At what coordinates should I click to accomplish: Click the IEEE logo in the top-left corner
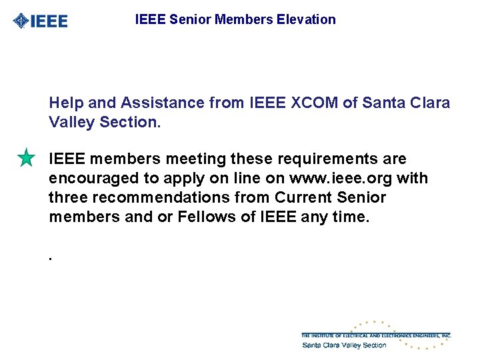40,21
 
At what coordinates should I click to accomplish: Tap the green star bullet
26,159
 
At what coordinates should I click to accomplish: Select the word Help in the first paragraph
64,103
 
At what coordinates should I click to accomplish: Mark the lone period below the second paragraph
51,256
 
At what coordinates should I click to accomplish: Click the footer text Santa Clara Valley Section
344,345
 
